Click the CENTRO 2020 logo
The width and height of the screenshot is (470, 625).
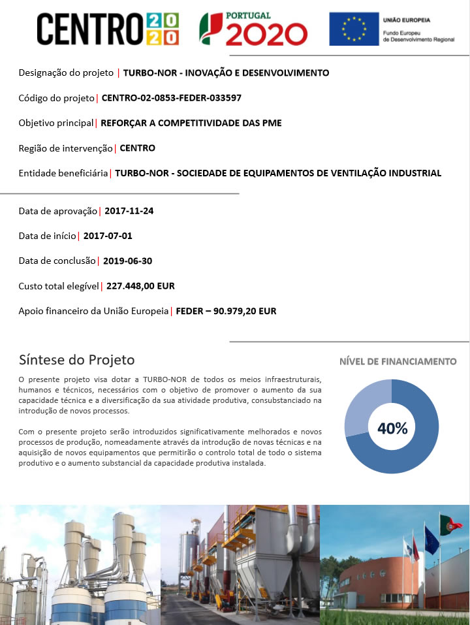tap(108, 29)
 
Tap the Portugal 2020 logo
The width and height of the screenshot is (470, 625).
tap(253, 29)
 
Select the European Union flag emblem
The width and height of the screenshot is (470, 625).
tap(354, 29)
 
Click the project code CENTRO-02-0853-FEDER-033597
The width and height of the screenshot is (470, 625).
tap(172, 98)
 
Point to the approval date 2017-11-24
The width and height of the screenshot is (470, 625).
tap(129, 211)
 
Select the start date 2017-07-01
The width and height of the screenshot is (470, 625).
tap(108, 236)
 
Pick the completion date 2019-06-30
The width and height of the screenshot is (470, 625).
tap(128, 261)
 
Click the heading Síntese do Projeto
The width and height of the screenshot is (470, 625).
tap(76, 360)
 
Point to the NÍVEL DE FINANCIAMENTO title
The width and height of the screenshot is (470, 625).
tap(398, 361)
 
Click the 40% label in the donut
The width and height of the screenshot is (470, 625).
tap(392, 428)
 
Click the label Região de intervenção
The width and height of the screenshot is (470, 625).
tap(65, 148)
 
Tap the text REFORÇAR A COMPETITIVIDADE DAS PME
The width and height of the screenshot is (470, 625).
tap(191, 123)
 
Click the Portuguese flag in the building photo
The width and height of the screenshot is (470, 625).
tap(450, 524)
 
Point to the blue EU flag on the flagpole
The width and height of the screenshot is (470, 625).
tap(431, 539)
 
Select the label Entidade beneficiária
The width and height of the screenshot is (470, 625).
tap(63, 173)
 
